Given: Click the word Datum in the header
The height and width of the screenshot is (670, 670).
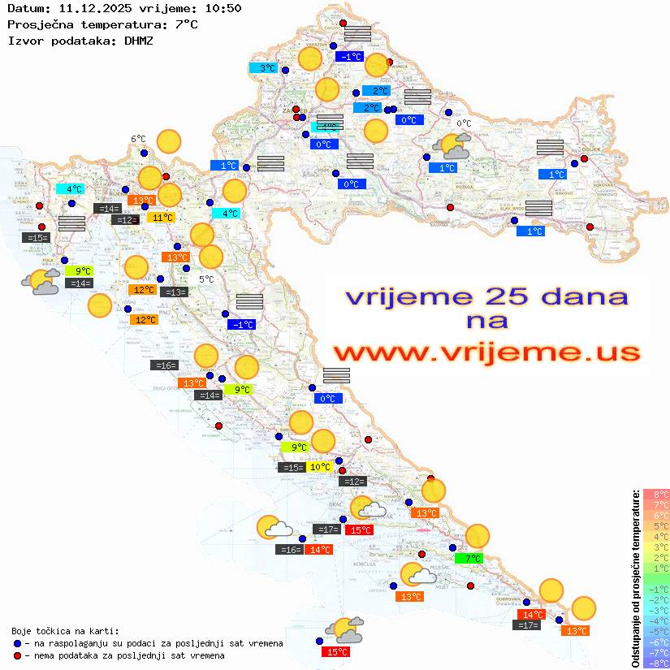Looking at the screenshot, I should click(x=25, y=8).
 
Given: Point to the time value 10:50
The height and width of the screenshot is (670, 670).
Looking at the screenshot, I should click(x=223, y=8).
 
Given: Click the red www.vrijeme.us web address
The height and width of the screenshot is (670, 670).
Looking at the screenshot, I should click(x=486, y=352).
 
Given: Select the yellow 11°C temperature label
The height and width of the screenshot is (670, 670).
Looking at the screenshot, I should click(x=161, y=217).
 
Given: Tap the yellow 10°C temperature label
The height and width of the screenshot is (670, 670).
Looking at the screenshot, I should click(x=320, y=467).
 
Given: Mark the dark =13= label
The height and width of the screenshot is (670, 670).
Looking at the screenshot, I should click(x=174, y=292).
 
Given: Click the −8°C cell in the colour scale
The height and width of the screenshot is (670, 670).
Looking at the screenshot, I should click(x=656, y=663).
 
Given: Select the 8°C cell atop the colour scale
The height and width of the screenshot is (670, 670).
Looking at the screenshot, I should click(x=656, y=494).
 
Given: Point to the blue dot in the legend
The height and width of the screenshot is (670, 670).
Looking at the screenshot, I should click(x=17, y=643).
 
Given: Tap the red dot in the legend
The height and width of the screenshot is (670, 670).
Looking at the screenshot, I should click(x=17, y=655).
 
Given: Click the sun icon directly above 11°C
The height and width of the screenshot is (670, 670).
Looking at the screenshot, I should click(x=169, y=195).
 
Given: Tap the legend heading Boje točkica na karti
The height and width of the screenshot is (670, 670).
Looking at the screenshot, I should click(x=65, y=631).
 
